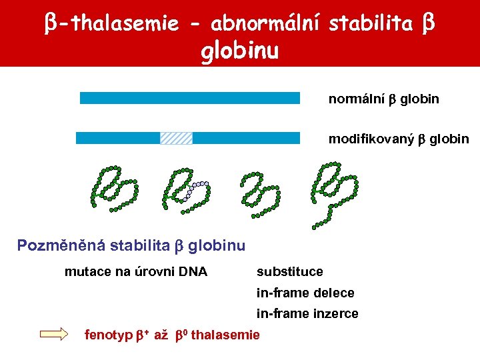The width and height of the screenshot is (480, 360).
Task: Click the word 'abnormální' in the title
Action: click(x=267, y=24)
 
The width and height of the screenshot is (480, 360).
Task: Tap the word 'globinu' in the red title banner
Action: click(x=239, y=51)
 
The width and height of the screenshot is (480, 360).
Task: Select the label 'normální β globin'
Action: click(x=383, y=99)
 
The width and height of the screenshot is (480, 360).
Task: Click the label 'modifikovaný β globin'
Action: click(x=398, y=139)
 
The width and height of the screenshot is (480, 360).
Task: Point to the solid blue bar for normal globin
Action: click(x=189, y=98)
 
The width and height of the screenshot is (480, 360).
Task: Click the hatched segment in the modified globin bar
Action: click(x=176, y=138)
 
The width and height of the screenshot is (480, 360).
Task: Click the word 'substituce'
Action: click(x=289, y=271)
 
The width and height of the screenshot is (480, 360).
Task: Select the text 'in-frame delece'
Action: click(x=305, y=293)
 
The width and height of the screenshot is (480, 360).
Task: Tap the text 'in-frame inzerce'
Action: click(x=307, y=313)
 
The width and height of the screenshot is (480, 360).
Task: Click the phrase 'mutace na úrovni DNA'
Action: click(x=135, y=271)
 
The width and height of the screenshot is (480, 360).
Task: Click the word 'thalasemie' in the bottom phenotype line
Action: click(x=227, y=335)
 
